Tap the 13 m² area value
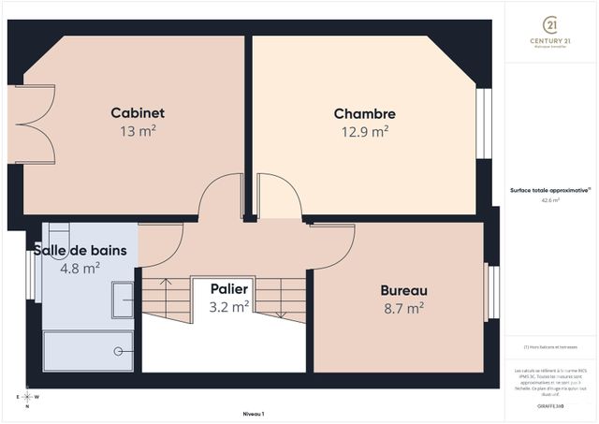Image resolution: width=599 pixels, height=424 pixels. pos(138,132)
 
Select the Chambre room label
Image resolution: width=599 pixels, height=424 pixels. pos(365,114)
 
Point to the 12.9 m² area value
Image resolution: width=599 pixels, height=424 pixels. pos(365,133)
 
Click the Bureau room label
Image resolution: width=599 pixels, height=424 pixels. pos(403,289)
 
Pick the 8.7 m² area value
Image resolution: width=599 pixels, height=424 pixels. pos(403,307)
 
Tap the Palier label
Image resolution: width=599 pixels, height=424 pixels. pos(229,288)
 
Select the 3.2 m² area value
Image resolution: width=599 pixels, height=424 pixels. pos(229,306)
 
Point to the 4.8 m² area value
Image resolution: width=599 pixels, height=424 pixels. pos(80,269)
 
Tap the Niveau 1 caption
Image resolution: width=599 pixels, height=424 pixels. pos(253,413)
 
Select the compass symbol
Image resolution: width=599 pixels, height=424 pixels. pos(27,397)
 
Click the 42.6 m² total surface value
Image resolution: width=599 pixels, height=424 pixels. pos(550,199)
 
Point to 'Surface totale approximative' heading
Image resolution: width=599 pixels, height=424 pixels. pos(549,189)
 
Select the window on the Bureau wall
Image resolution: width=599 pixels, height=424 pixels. pos(488,293)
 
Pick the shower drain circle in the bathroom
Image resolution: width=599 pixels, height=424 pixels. pos(119,351)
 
